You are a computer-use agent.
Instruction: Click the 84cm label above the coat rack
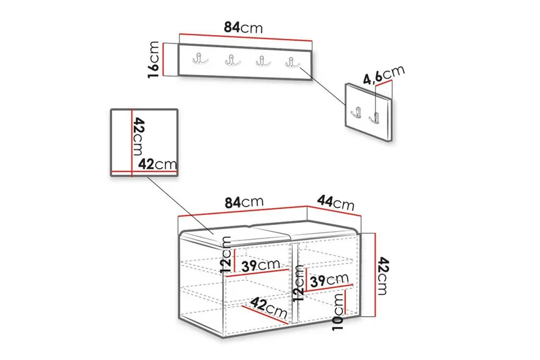tap(243, 27)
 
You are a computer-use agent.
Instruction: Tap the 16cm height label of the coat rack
tap(153, 59)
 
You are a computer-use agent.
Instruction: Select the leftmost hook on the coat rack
tap(200, 59)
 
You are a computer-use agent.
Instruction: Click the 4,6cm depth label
tap(384, 75)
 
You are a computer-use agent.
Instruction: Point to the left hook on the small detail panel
tap(356, 113)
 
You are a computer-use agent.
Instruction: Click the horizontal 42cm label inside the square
tap(157, 164)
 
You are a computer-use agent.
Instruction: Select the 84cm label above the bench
tap(244, 203)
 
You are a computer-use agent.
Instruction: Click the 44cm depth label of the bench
tap(335, 202)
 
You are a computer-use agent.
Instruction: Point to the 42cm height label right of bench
tap(383, 276)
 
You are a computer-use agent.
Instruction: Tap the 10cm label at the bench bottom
tap(338, 312)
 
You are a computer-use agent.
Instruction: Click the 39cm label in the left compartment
tap(261, 265)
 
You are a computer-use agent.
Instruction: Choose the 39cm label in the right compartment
tap(329, 280)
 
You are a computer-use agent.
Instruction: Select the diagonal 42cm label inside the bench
tap(269, 307)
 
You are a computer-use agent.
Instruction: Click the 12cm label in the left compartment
tap(227, 255)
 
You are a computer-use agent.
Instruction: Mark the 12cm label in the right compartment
tap(298, 284)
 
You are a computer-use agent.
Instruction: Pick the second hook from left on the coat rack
tap(233, 61)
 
